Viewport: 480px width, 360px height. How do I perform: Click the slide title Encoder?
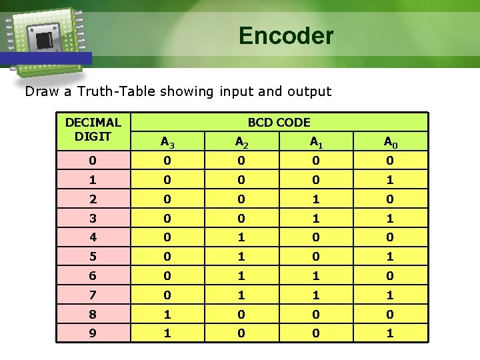(286, 35)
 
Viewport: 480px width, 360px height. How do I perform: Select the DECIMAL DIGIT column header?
(93, 129)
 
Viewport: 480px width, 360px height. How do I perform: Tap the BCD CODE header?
(279, 122)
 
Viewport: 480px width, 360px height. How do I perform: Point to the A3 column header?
(167, 141)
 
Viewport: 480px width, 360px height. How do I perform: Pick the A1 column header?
(315, 141)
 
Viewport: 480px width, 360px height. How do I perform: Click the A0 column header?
(390, 141)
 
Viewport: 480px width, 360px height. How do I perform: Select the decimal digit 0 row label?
(93, 160)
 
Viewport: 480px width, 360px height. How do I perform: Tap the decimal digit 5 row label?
(93, 257)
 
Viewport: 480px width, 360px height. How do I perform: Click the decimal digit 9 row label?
(93, 333)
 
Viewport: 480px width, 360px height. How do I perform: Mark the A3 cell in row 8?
(167, 314)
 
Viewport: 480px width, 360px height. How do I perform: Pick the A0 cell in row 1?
(390, 179)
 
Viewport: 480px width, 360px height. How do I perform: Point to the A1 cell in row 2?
(315, 199)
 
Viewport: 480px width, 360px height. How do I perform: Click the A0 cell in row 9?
(390, 333)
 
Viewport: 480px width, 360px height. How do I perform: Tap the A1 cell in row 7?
(315, 295)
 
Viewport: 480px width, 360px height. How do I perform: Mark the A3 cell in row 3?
(167, 218)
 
